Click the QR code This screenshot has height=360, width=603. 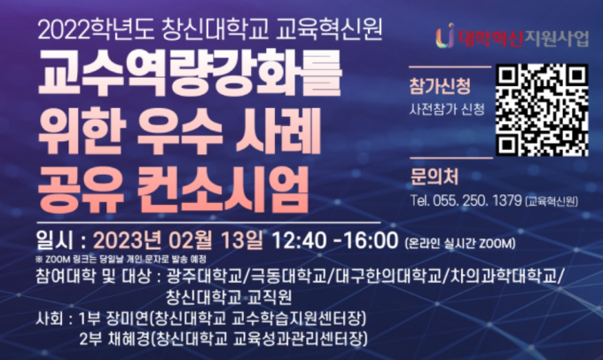click(x=542, y=110)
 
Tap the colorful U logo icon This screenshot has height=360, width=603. click(x=445, y=35)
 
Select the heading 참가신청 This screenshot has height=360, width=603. click(x=439, y=86)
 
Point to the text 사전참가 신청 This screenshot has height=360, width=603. click(x=446, y=110)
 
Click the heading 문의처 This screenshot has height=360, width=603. click(x=435, y=176)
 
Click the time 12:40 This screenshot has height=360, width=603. click(x=299, y=241)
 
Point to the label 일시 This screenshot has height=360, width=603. click(x=54, y=241)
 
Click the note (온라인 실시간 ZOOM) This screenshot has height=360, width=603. click(x=459, y=244)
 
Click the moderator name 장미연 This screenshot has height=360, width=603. click(x=125, y=318)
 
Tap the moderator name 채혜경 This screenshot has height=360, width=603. click(x=125, y=339)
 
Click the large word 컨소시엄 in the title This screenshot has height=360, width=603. click(x=223, y=189)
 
